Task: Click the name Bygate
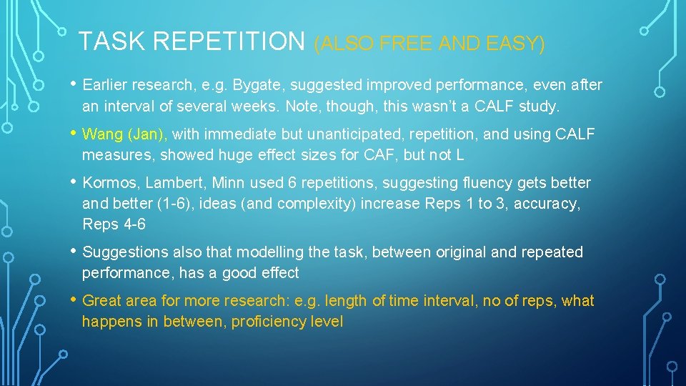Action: [207, 86]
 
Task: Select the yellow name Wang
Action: [102, 134]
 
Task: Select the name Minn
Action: [222, 183]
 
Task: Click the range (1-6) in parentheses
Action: [187, 204]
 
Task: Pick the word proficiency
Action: [264, 322]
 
